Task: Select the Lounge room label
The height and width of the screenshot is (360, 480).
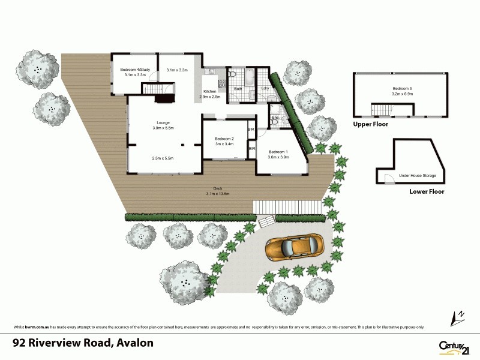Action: pos(163,123)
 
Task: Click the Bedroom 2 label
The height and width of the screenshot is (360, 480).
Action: pos(223,139)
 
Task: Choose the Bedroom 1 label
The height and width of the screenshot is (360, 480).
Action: pos(278,151)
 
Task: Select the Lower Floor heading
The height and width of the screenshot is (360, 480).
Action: pos(427,192)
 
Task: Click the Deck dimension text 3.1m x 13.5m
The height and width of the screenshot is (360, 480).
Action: pos(218,194)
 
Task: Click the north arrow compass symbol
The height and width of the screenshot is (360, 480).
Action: pos(458,315)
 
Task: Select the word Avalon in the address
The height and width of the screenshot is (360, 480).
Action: pos(136,343)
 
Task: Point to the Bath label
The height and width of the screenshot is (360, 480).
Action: pos(238,89)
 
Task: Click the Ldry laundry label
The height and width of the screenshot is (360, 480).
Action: pos(265,89)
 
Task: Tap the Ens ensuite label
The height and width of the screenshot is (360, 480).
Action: pos(275,117)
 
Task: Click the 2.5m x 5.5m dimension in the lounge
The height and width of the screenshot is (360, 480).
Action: pos(163,158)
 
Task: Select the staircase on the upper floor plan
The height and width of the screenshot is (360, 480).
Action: pos(384,110)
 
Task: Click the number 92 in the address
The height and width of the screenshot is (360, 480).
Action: pos(21,343)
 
